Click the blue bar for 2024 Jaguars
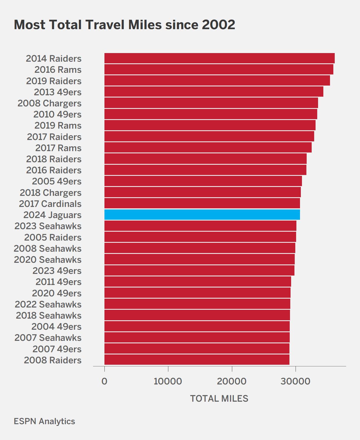(x=202, y=214)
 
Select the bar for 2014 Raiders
(x=219, y=58)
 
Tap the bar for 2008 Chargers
(x=211, y=103)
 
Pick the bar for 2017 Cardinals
(x=202, y=203)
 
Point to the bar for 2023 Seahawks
(x=200, y=226)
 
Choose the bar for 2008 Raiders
(x=197, y=359)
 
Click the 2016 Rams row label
(x=58, y=70)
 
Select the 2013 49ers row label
(x=57, y=92)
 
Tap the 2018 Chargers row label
(x=51, y=193)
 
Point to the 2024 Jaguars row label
(x=52, y=215)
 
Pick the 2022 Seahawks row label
(x=48, y=304)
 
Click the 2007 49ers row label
(x=57, y=349)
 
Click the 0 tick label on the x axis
(x=104, y=381)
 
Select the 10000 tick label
(x=168, y=381)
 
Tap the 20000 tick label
(x=232, y=381)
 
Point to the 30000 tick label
(x=295, y=381)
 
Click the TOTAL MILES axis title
(x=219, y=399)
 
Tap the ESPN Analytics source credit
(x=44, y=421)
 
